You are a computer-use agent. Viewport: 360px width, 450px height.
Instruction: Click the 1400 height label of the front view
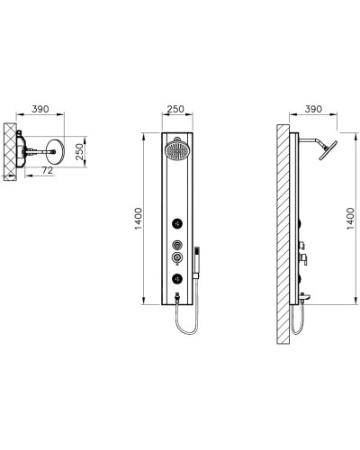coord(137,220)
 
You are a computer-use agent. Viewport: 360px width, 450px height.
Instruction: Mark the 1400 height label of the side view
coord(349,220)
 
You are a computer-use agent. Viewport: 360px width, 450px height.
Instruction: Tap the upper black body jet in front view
coord(177,223)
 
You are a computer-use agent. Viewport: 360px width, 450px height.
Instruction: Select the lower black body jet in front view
coord(177,277)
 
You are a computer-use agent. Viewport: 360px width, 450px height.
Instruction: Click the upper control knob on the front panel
coord(177,244)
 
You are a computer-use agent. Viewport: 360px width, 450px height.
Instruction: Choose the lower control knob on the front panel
coord(177,259)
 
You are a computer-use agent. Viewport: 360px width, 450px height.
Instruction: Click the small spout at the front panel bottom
coord(177,293)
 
